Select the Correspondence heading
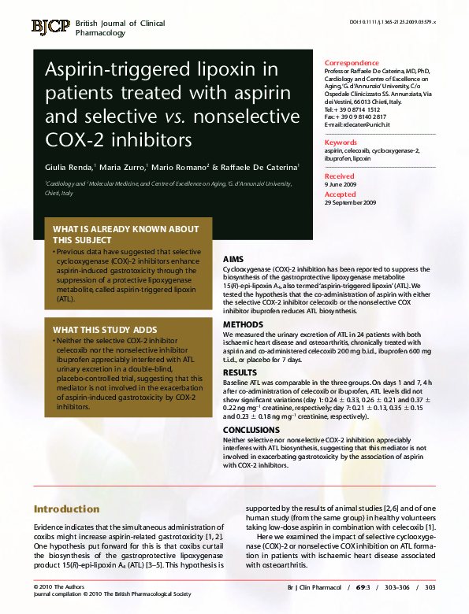(x=352, y=62)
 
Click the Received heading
(x=340, y=176)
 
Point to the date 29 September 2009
(x=351, y=203)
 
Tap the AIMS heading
(x=234, y=259)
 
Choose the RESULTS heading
(x=240, y=372)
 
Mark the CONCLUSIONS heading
(x=251, y=430)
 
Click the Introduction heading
(x=67, y=509)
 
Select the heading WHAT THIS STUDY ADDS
(x=105, y=330)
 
